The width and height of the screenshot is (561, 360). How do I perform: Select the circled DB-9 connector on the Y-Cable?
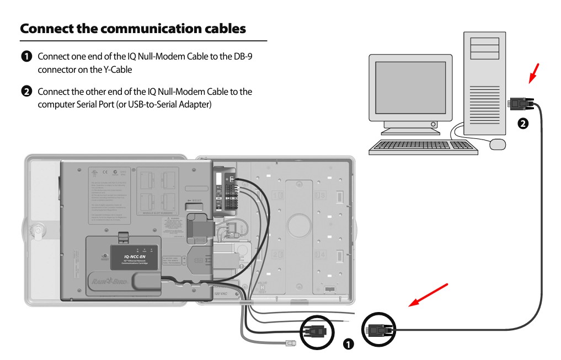click(316, 331)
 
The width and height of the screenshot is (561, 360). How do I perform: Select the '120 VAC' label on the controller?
click(221, 294)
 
